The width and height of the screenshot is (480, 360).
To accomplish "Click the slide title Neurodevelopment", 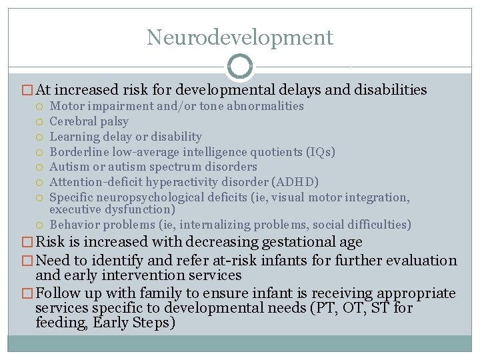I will [x=240, y=37].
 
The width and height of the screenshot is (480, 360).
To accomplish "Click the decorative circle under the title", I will [x=240, y=67].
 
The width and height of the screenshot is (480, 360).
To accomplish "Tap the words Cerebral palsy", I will [x=89, y=121].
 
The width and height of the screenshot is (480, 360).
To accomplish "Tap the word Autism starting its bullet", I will [x=68, y=167].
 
